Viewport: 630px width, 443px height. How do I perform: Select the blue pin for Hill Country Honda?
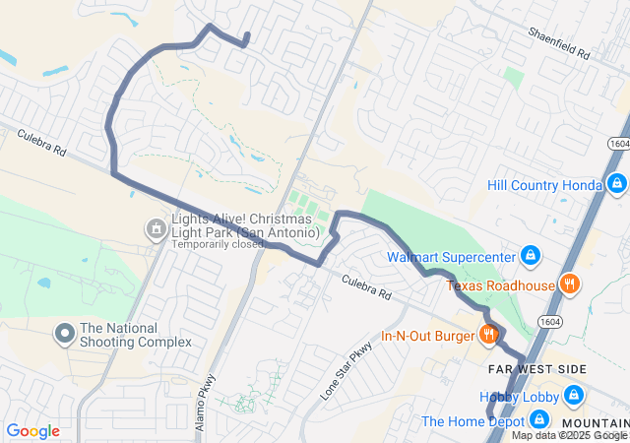[616, 184]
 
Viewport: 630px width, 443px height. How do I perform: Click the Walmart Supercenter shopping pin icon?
[531, 257]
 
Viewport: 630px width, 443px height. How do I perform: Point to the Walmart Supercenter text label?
[452, 258]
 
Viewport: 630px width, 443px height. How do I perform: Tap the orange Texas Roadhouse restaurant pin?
[568, 285]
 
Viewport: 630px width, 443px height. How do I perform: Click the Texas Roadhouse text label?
[501, 286]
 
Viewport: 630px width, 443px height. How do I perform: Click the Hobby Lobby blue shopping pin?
[573, 397]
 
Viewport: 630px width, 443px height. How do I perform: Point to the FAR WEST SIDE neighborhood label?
[537, 369]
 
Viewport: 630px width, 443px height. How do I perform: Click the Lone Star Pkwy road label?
[348, 370]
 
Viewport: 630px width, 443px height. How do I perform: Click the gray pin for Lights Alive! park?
[156, 230]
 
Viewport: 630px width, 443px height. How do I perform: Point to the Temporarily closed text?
[219, 244]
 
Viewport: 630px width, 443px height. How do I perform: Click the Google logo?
[32, 430]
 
